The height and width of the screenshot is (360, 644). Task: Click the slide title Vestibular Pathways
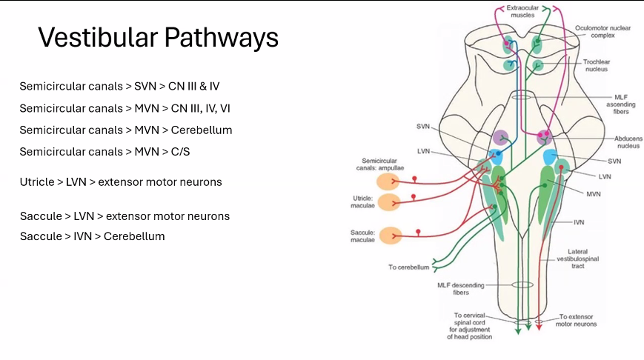click(158, 37)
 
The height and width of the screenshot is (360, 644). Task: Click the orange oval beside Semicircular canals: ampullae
click(389, 182)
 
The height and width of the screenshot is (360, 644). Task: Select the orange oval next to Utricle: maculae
click(389, 203)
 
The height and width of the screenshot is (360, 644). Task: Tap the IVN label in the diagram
click(578, 221)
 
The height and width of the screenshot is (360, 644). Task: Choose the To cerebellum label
click(409, 267)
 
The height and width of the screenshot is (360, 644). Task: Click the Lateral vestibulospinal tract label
click(577, 259)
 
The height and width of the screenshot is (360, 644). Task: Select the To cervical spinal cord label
click(470, 326)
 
